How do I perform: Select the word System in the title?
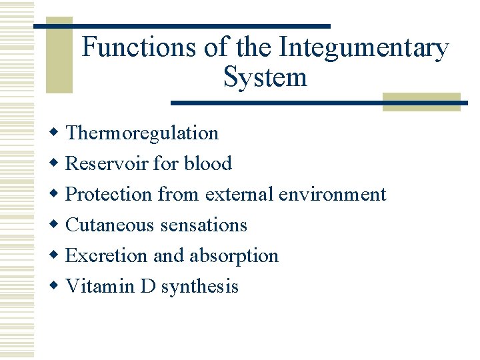click(x=265, y=77)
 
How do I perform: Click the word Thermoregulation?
click(x=142, y=133)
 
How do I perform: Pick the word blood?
click(x=208, y=163)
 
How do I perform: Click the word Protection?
click(x=109, y=194)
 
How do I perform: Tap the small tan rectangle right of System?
click(x=421, y=101)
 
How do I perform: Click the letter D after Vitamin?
click(x=149, y=287)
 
